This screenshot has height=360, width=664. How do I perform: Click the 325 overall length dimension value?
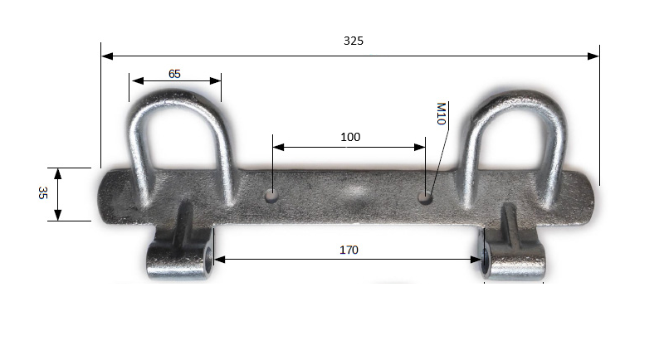pos(354,41)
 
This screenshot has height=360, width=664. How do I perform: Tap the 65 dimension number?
pos(174,74)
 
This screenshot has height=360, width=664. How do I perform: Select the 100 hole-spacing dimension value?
pos(350,137)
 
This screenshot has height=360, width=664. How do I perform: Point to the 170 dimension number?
pos(349,250)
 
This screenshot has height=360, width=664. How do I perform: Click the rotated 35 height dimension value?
pos(42,193)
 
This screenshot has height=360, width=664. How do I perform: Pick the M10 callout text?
pos(441,114)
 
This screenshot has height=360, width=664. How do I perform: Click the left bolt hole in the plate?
pos(271,196)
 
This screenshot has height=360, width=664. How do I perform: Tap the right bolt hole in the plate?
pos(425,197)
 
